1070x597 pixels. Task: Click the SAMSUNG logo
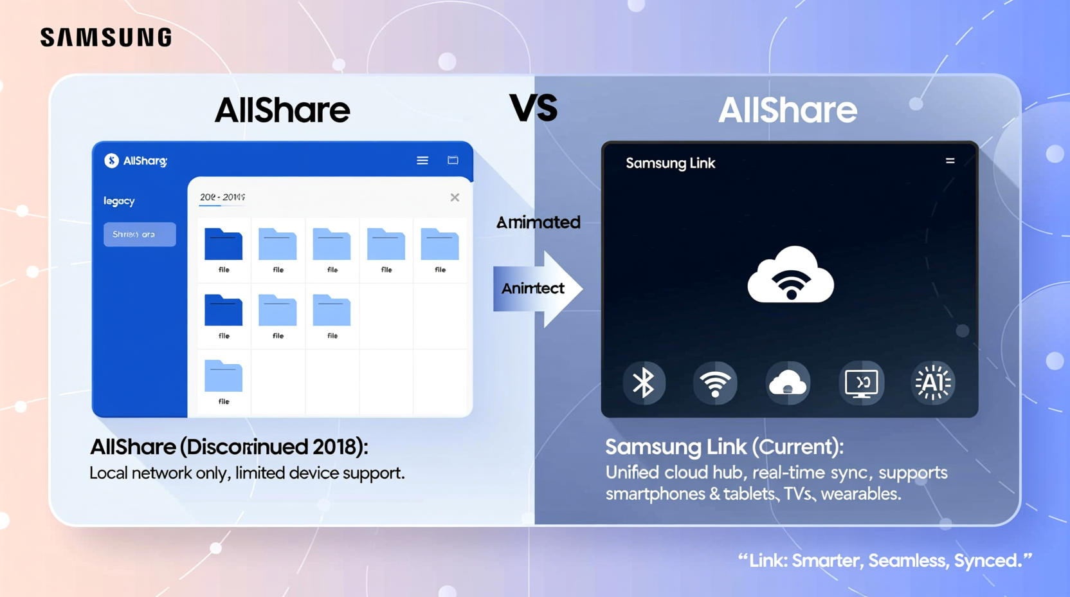106,37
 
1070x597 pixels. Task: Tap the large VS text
533,108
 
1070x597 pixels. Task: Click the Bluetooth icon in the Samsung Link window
644,383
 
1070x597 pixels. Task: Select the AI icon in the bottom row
933,383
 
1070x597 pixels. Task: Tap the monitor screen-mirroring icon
861,383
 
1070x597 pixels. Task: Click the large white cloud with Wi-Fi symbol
790,275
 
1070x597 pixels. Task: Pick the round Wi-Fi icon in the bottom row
715,383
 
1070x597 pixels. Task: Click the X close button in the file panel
455,197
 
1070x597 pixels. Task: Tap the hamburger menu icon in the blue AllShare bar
422,160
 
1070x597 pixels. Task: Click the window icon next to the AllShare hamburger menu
453,160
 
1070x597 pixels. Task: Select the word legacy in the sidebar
119,201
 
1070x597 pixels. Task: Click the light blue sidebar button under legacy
140,234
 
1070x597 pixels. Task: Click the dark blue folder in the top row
223,244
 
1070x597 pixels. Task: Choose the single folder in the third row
223,376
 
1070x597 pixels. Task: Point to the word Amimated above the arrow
538,223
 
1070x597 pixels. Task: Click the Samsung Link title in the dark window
670,163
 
